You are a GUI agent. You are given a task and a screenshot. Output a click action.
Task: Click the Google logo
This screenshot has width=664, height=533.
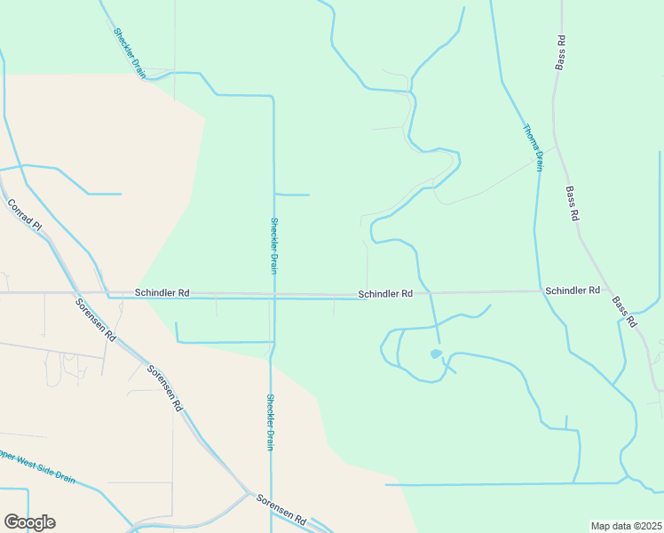pos(29,522)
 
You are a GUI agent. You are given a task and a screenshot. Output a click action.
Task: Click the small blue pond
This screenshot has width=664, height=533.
pos(435,354)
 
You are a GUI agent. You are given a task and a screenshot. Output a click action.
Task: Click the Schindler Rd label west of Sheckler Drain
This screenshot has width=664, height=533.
pos(162,292)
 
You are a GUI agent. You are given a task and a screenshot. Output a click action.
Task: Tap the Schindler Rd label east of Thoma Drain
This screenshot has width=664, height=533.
pos(573,290)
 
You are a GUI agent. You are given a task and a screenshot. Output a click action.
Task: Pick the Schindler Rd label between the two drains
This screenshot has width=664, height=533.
pos(385,293)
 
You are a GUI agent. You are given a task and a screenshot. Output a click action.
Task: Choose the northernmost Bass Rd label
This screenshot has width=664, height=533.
pos(561,52)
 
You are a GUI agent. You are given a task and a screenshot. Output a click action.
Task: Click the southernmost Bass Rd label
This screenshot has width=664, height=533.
pos(625,313)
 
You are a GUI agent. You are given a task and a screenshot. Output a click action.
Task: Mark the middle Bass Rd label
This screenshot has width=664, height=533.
pos(573,203)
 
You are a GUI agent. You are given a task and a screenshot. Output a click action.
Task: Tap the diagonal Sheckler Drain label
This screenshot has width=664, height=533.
pos(129,53)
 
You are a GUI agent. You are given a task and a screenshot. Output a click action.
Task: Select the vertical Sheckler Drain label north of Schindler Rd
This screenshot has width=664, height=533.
pos(274,245)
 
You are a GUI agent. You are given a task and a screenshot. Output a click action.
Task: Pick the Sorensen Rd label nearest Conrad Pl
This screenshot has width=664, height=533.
pos(96,321)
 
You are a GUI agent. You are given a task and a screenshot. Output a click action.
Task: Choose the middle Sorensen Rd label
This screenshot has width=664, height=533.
pos(165,388)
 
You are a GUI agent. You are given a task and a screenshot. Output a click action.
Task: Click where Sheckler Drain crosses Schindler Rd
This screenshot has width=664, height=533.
pos(273,296)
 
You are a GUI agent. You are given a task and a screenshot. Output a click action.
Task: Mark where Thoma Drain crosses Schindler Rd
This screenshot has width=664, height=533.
pos(540,290)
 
